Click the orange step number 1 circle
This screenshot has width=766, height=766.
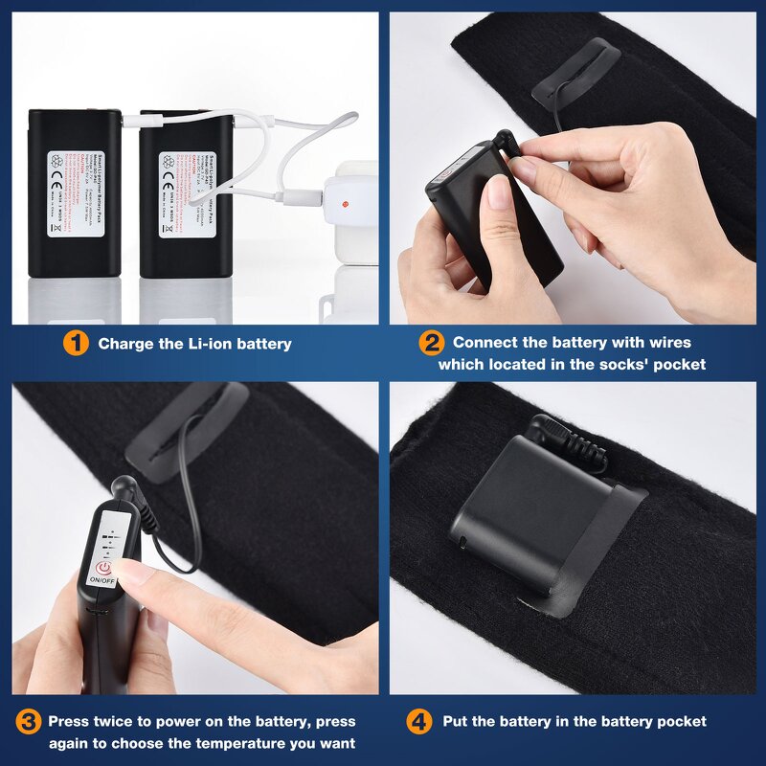[x=78, y=343]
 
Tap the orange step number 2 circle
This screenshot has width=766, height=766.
[x=432, y=343]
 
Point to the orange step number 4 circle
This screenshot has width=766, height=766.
[x=419, y=722]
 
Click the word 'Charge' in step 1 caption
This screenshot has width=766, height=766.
[x=126, y=344]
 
